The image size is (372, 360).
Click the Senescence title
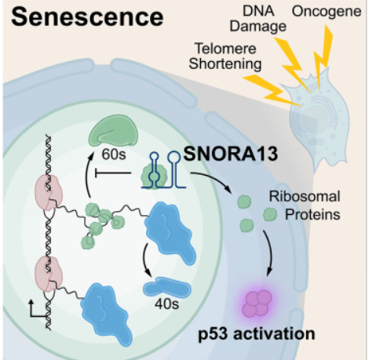pos(87,17)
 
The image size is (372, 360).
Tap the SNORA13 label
pos(231,154)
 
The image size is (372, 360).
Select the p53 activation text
pos(257,334)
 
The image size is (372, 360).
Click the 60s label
pos(114,155)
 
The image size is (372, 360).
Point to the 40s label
pos(166,304)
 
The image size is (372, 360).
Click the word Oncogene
pos(326,12)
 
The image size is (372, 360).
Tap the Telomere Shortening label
pos(225,56)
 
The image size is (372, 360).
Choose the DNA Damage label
pos(258,19)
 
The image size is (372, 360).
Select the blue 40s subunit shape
pos(167,287)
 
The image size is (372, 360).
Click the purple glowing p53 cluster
pos(257,304)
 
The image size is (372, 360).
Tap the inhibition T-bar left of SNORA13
pos(113,173)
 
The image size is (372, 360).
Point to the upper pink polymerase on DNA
pos(49,192)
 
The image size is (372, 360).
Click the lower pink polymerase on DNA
pos(49,274)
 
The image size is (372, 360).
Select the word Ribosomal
pos(305,196)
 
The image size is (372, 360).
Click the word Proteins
pos(312,215)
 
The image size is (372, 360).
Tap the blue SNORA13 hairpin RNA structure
pos(163,170)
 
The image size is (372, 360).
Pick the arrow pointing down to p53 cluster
pos(271,253)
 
